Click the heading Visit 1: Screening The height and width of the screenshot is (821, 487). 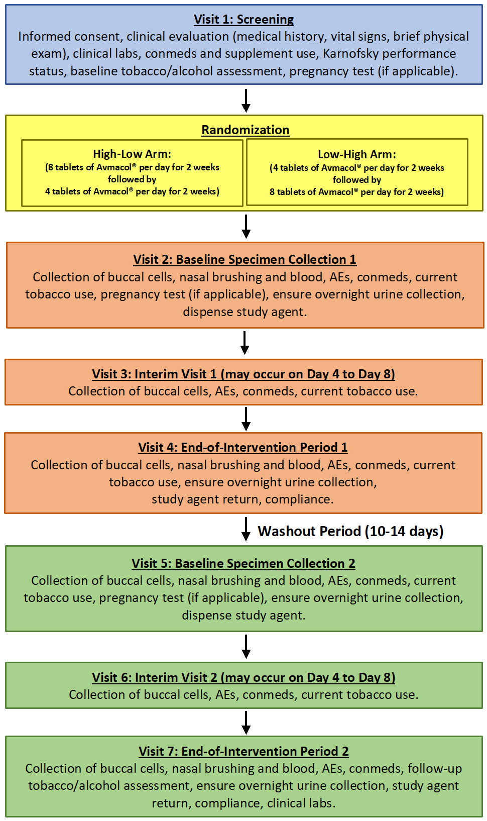(243, 20)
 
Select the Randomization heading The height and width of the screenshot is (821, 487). (245, 130)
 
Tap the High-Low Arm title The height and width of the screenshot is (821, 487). (132, 154)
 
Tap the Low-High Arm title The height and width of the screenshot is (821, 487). (357, 155)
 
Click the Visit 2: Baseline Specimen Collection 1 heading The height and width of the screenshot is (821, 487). (245, 260)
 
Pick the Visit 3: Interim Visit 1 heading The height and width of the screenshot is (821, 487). (243, 374)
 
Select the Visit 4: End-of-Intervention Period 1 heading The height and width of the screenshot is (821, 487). (243, 448)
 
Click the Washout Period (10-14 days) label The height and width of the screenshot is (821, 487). (350, 532)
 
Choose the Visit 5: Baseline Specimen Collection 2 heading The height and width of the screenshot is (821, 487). (243, 564)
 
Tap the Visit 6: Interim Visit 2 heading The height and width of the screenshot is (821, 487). (243, 678)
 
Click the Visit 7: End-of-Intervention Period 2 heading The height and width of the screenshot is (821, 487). (243, 752)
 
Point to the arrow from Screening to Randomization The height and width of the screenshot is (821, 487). (246, 100)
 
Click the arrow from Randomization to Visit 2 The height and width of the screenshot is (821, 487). (246, 226)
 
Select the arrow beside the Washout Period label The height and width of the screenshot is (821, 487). (246, 529)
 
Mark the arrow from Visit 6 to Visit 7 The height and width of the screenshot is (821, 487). (246, 723)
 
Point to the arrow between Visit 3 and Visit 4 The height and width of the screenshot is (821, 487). (246, 419)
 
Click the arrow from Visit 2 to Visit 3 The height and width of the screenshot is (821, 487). (245, 343)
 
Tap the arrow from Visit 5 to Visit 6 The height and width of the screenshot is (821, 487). (246, 647)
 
